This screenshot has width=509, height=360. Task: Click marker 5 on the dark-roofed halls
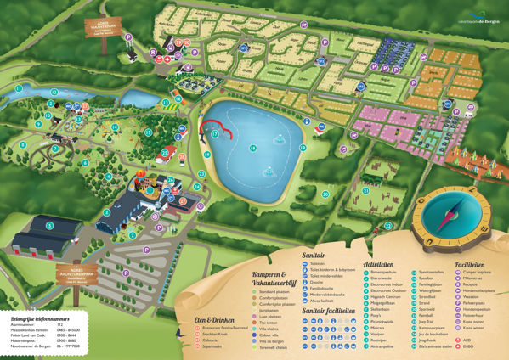click(50, 225)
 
